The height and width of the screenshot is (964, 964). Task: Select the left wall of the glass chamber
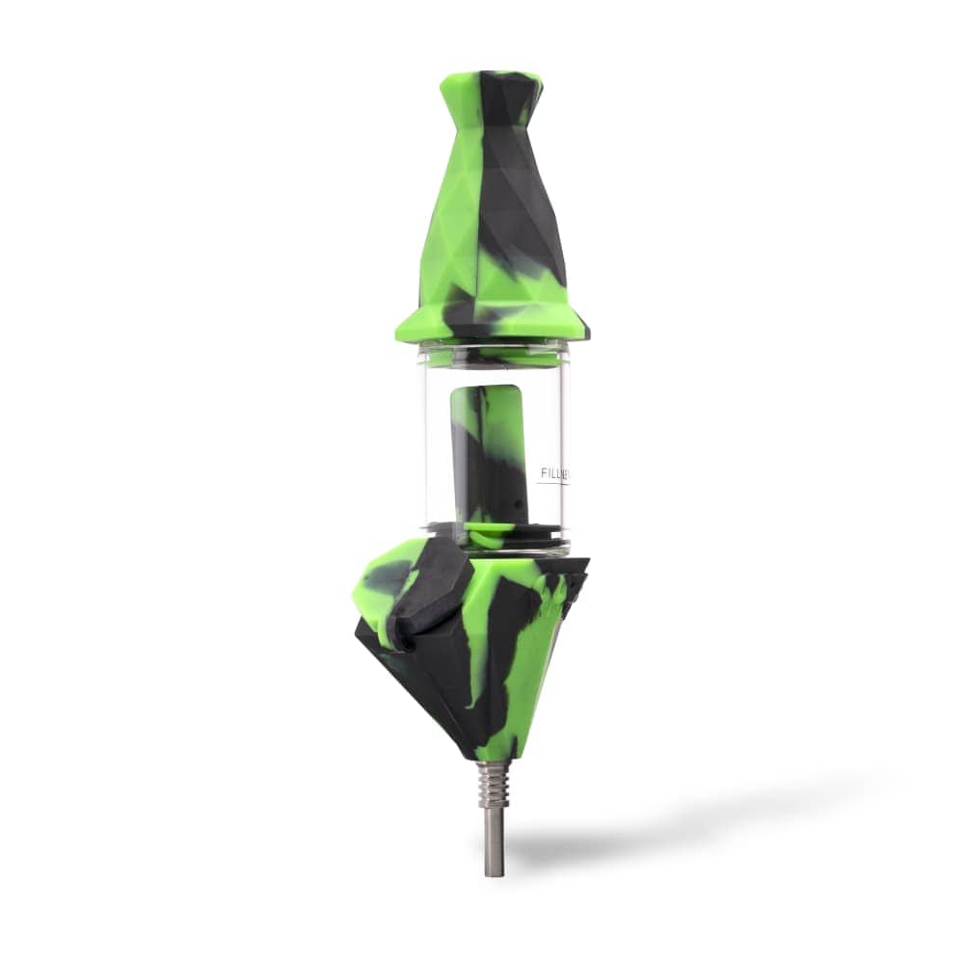click(x=425, y=448)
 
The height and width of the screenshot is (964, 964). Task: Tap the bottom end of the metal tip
click(x=495, y=870)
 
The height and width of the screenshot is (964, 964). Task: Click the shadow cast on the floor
click(x=675, y=819)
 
